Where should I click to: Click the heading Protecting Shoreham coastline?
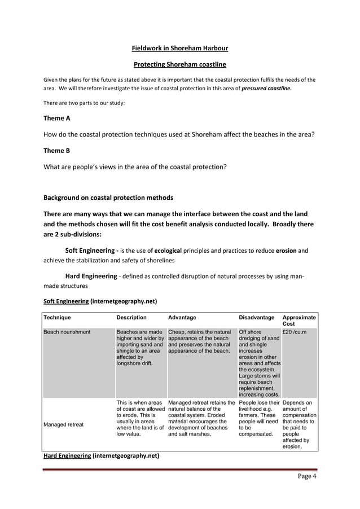[x=179, y=64]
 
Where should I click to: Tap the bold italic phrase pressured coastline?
[x=266, y=89]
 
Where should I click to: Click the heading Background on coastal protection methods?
[x=108, y=198]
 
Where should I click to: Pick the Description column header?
[x=131, y=318]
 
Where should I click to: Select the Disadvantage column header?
[x=257, y=318]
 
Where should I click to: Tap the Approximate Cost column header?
[x=298, y=321]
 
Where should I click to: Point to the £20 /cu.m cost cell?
[x=294, y=332]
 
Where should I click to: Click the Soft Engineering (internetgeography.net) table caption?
[x=100, y=301]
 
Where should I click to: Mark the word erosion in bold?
[x=291, y=249]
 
